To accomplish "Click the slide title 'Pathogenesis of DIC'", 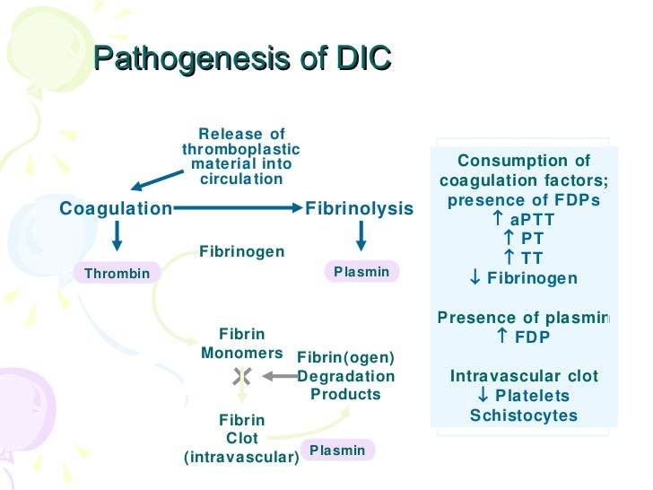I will point(242,59).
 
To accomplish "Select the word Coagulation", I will point(115,209).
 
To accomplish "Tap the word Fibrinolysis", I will point(360,209).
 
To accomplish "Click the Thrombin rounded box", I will point(117,273).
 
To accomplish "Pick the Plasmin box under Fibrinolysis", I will point(361,271).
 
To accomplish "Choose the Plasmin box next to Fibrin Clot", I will point(337,450).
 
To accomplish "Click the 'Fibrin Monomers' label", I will point(241,344).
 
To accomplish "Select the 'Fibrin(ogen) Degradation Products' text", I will point(345,376).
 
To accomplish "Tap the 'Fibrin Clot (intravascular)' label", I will point(241,439).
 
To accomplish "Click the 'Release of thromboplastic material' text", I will point(241,156).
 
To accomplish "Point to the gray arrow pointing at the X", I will point(274,375).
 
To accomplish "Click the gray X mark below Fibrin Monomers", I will point(241,375).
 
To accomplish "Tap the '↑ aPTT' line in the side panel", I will point(524,220).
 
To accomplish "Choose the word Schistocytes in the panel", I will point(524,416).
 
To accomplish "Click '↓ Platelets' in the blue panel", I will point(524,396).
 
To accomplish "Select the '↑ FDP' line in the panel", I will point(524,337).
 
